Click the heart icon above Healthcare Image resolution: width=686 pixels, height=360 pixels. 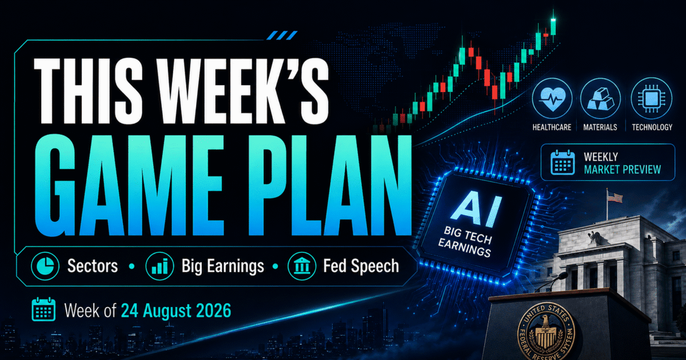coord(552,98)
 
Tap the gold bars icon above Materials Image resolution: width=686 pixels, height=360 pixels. coord(600,99)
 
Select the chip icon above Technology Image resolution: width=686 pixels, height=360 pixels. coord(651,98)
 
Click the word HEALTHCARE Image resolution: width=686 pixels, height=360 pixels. coord(552,127)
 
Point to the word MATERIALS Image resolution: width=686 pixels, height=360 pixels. coord(600,127)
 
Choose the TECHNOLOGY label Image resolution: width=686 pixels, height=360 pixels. coord(652,127)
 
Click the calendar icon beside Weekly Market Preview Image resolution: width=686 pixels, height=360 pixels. coord(563,162)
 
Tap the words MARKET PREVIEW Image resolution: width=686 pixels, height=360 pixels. coord(623,170)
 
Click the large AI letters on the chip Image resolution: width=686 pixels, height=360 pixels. coord(476,209)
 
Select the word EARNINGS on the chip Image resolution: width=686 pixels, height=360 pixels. coord(464,247)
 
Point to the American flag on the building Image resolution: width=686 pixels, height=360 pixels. coord(615,197)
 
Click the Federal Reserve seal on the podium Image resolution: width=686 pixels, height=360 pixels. coord(546,332)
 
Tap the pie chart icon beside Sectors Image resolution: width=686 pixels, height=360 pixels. coord(45,266)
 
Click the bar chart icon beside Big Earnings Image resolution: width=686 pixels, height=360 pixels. coord(159,266)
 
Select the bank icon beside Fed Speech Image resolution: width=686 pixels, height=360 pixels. coord(302,266)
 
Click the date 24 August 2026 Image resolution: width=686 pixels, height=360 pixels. coord(176,311)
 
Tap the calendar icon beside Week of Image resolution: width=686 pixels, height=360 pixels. coord(43,309)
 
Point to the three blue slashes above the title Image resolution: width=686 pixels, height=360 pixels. coord(282,35)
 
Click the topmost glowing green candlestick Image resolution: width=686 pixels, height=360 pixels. coord(553,26)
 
